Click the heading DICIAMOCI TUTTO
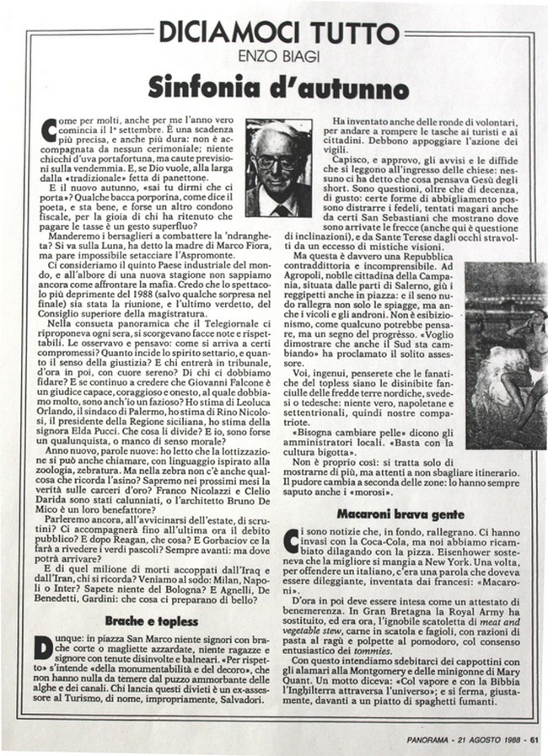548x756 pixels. tap(274, 33)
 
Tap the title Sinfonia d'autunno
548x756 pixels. tap(274, 87)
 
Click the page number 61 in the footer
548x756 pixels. tap(534, 741)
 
